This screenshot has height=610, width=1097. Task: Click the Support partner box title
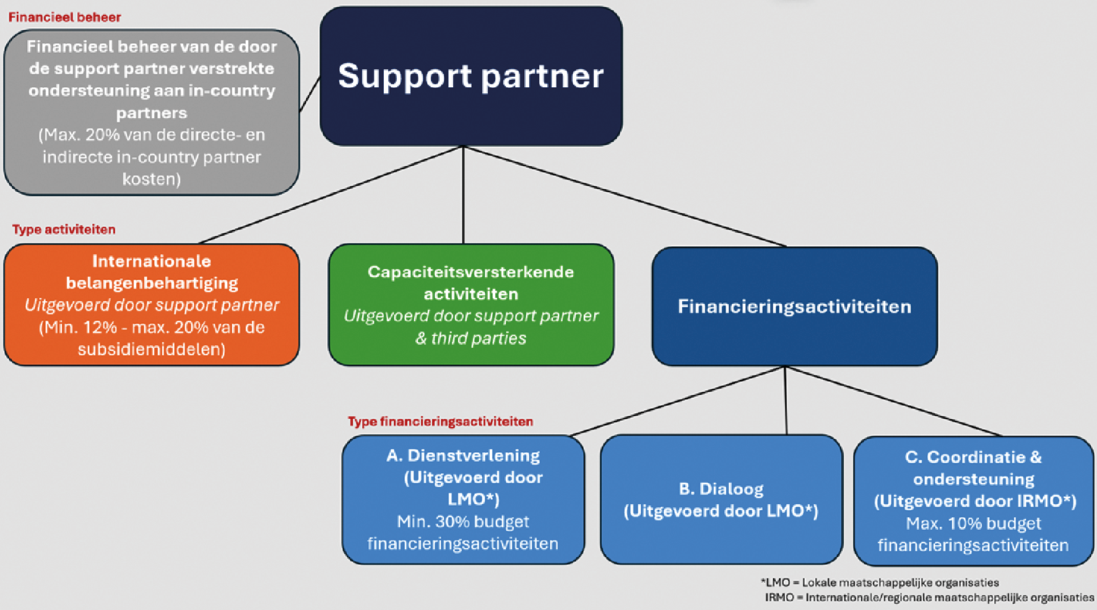(470, 76)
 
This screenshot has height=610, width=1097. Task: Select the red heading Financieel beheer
(64, 17)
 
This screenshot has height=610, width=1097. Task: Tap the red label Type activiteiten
(64, 230)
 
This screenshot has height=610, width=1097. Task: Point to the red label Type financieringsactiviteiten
(440, 421)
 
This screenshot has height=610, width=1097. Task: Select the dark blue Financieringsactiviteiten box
(794, 306)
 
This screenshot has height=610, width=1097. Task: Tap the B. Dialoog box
(721, 500)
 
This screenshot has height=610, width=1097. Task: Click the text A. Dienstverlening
(462, 455)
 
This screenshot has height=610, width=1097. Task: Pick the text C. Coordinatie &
(973, 457)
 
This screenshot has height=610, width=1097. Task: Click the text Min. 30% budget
(462, 522)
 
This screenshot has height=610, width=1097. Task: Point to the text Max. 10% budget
(973, 523)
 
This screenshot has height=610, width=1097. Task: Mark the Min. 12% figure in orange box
(79, 327)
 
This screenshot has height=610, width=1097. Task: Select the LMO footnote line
(880, 582)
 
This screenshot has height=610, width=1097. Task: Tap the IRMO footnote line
(929, 597)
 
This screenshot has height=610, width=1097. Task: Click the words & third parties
(470, 338)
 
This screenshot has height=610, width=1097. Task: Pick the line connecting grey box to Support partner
(310, 95)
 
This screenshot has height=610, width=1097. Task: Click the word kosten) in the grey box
(151, 179)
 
